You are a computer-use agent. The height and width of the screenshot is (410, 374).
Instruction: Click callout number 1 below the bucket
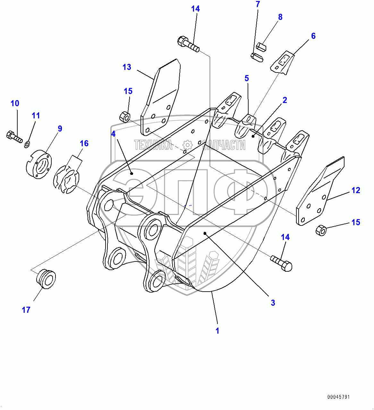click(x=217, y=330)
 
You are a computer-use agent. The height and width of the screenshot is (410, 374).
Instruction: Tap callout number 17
click(x=26, y=310)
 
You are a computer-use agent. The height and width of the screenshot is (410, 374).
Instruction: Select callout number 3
click(x=273, y=303)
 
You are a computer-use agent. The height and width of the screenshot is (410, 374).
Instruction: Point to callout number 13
click(x=127, y=67)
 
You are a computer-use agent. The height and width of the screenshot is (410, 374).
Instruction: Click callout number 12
click(x=356, y=190)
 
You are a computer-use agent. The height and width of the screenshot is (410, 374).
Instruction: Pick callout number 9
click(x=60, y=129)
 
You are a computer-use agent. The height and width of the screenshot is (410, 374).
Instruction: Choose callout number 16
click(x=84, y=143)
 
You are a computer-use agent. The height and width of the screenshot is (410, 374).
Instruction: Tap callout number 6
click(x=313, y=36)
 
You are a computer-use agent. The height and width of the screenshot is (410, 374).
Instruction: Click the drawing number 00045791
click(x=338, y=397)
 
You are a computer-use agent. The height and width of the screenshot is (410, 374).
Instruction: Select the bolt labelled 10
click(x=14, y=136)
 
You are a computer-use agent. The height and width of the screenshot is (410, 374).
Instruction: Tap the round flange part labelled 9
click(x=38, y=164)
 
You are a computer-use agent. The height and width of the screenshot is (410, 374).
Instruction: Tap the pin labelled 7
click(x=257, y=57)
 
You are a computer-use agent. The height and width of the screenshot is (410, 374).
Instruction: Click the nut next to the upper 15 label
click(x=124, y=116)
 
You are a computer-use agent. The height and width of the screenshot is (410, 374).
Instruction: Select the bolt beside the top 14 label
click(x=188, y=44)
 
